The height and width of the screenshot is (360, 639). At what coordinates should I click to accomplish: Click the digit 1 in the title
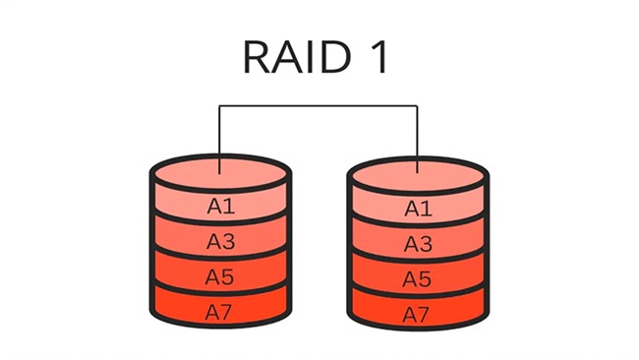378,59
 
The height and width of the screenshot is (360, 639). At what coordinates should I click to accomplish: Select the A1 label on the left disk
220,207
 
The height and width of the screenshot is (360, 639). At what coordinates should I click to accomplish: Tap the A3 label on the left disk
220,241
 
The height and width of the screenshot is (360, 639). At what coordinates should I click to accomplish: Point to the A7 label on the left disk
220,313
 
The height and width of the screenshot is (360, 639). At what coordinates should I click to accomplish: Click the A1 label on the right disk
419,208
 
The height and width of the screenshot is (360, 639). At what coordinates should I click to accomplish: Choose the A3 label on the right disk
419,243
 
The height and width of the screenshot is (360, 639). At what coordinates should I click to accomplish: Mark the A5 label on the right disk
419,278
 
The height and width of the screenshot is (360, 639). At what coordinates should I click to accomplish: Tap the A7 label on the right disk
419,314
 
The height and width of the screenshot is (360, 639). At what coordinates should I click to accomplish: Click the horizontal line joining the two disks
319,105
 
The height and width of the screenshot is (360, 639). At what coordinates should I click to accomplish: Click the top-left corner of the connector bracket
220,105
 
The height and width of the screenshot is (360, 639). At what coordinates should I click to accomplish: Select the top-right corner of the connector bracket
419,105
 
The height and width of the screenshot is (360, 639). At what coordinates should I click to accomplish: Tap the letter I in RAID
314,59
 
